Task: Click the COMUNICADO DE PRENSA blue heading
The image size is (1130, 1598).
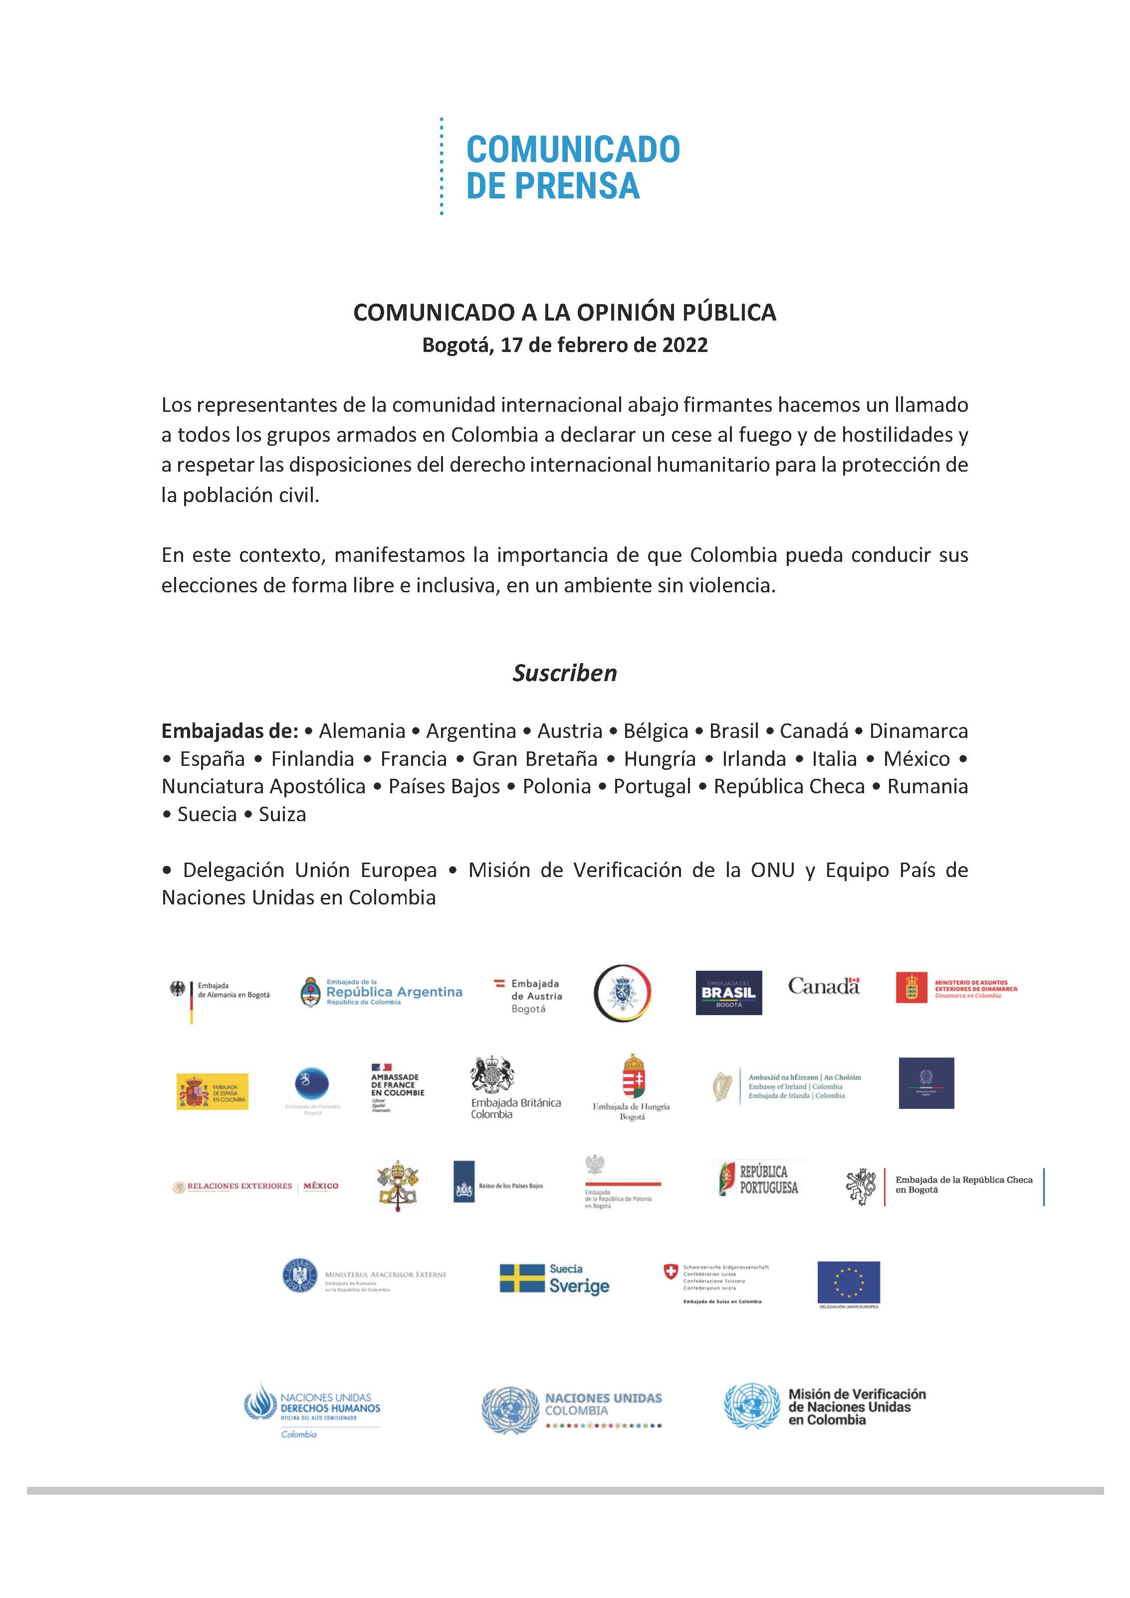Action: click(572, 167)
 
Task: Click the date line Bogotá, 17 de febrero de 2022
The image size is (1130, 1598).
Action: click(565, 345)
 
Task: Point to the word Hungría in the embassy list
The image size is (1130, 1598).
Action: click(660, 759)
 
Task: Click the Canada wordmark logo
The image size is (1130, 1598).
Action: click(824, 986)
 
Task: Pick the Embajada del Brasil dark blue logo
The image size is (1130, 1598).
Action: click(728, 993)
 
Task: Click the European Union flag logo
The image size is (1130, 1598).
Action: click(848, 1282)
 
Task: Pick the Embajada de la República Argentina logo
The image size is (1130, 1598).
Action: click(381, 992)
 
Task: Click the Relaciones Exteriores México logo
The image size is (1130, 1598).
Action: click(255, 1186)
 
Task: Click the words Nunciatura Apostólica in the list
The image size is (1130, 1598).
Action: click(264, 786)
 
